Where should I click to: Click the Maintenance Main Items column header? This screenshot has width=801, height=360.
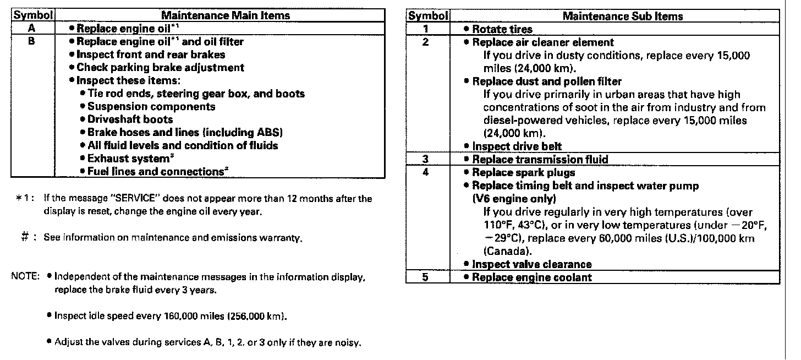[x=226, y=15]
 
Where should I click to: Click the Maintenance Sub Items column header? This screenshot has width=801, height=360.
[x=622, y=16]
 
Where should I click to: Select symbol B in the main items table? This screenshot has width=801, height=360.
[x=32, y=41]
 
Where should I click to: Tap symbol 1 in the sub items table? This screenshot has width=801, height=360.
[x=426, y=29]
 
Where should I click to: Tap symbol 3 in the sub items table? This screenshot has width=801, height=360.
[x=426, y=160]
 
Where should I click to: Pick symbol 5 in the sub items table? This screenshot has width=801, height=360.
[x=426, y=277]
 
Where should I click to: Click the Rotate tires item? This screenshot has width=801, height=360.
[x=502, y=29]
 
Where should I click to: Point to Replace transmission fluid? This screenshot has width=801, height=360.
[x=540, y=160]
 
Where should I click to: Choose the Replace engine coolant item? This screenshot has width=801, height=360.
[x=531, y=277]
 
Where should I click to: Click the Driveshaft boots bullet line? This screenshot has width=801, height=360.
[x=130, y=119]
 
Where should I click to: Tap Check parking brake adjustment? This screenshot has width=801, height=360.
[x=160, y=68]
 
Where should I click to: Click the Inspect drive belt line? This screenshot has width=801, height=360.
[x=509, y=146]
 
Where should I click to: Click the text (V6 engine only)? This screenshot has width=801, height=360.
[x=514, y=199]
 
